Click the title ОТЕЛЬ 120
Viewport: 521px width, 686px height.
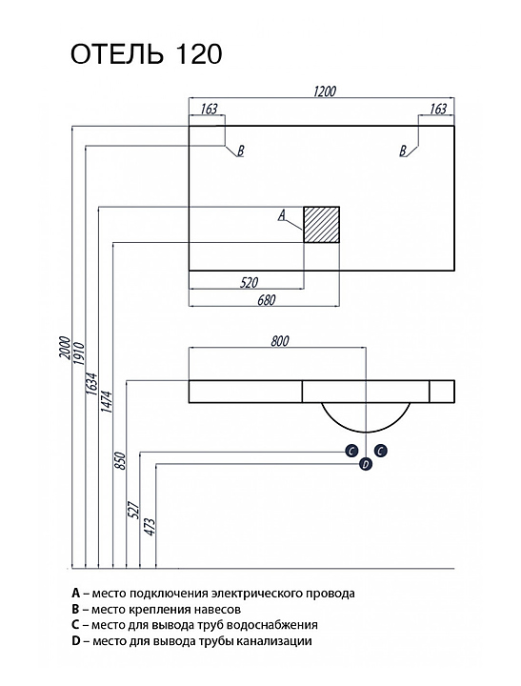click(147, 54)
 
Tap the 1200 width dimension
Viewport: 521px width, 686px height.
click(325, 91)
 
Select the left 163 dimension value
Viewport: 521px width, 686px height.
click(210, 109)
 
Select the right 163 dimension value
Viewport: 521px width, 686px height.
click(438, 109)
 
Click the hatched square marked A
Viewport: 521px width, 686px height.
click(322, 225)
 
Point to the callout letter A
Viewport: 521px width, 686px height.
click(282, 214)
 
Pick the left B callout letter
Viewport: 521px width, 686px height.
click(240, 151)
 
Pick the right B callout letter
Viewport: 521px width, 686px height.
click(403, 151)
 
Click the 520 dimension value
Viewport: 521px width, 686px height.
click(249, 283)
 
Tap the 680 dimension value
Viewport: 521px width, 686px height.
click(267, 300)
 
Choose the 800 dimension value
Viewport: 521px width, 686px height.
click(279, 341)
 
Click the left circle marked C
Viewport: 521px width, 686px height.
click(351, 451)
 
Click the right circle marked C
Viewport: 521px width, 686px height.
click(381, 450)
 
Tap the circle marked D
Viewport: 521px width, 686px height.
click(366, 464)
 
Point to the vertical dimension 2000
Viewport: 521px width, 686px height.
click(65, 348)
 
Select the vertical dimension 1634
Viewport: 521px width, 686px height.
click(92, 385)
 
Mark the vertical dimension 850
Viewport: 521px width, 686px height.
click(121, 461)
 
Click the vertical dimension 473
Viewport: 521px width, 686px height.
click(150, 528)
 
